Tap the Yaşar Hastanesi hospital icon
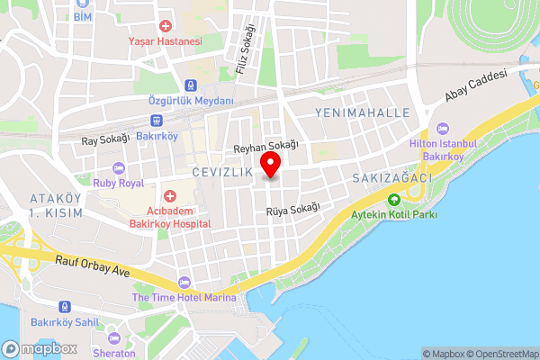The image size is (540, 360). click(x=165, y=27)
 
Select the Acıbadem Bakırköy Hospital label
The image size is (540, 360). click(x=170, y=216)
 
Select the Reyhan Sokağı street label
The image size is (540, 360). click(x=265, y=147)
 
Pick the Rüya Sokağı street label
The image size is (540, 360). click(x=292, y=210)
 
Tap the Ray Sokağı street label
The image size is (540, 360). click(x=106, y=139)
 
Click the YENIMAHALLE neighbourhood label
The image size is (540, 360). click(x=363, y=112)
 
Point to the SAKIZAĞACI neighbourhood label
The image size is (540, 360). click(x=393, y=178)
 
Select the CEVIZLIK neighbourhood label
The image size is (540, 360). click(x=221, y=171)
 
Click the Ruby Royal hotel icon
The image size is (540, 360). click(x=119, y=168)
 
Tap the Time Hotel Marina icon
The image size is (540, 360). click(x=184, y=283)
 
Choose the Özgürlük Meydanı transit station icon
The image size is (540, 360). click(x=190, y=85)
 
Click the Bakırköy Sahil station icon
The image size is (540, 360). click(x=64, y=306)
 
